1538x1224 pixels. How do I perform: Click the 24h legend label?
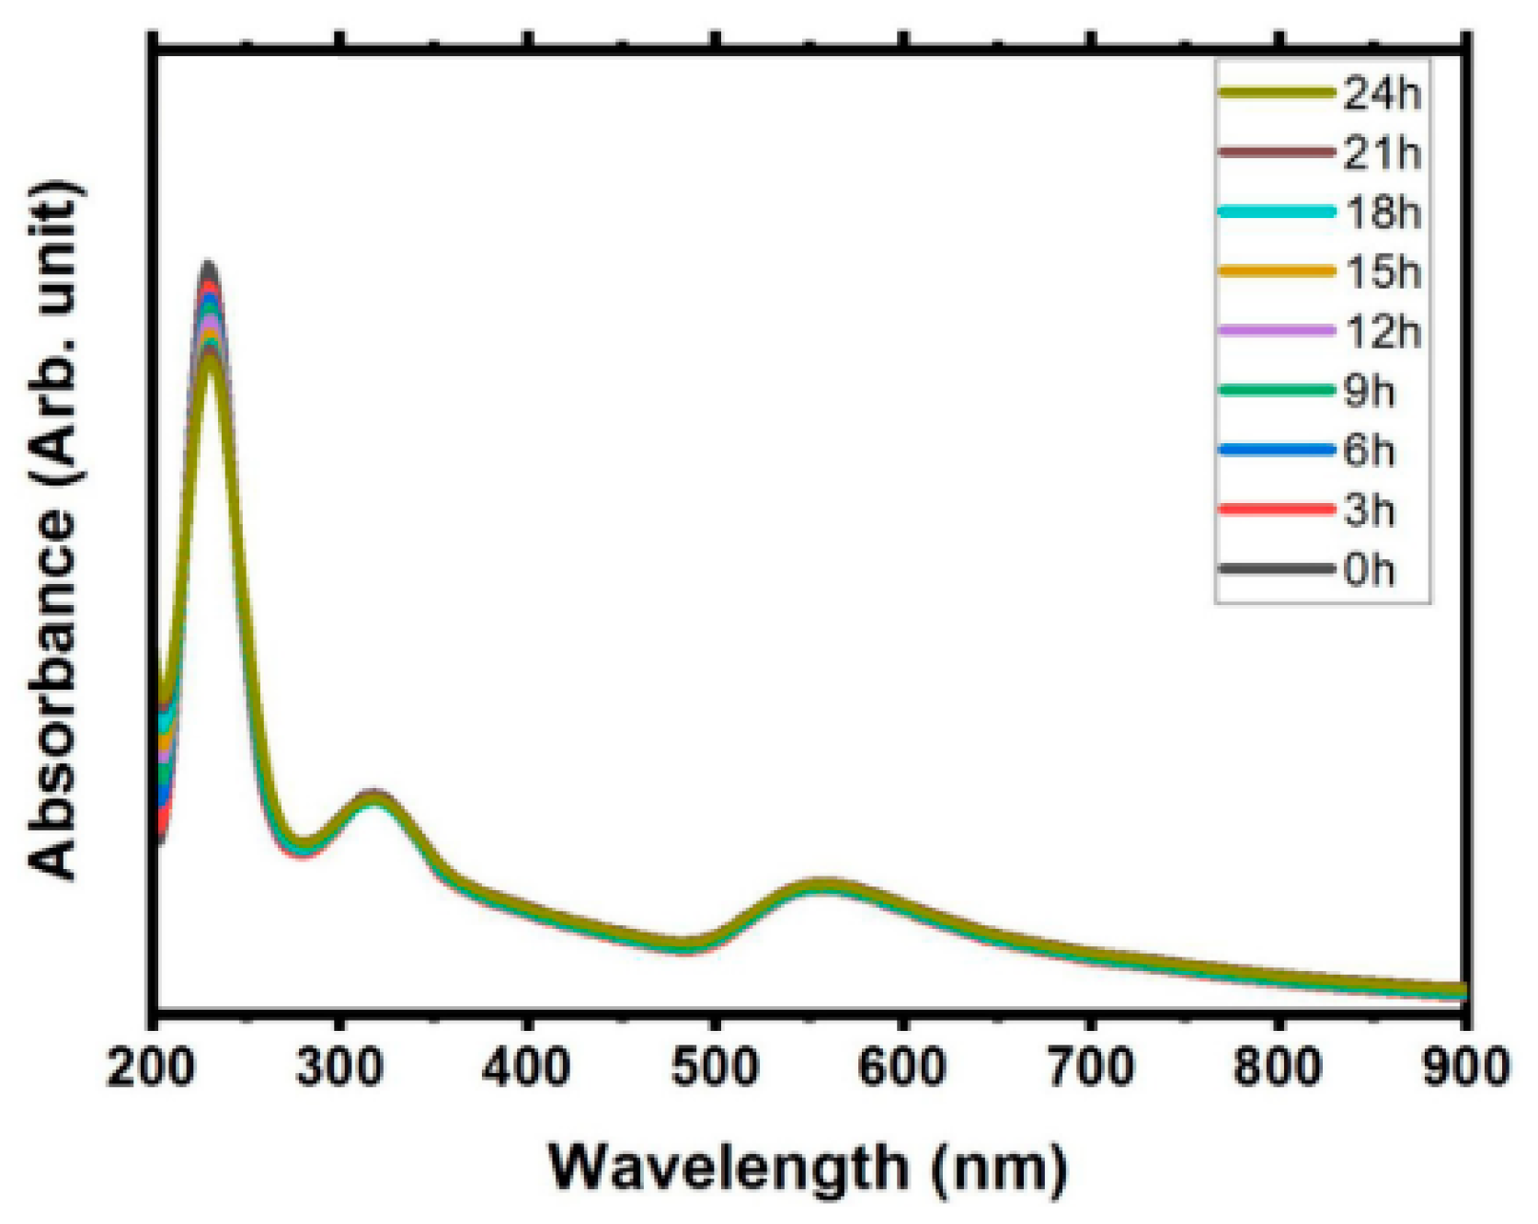(x=1382, y=93)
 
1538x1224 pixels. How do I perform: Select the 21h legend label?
(x=1382, y=153)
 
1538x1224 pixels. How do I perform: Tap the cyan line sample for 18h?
(x=1277, y=212)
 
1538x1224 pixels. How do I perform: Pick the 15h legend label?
(x=1382, y=272)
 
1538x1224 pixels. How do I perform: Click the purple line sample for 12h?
(x=1277, y=331)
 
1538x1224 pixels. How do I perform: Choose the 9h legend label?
(x=1369, y=392)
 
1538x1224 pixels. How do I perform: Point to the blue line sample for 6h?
(x=1277, y=451)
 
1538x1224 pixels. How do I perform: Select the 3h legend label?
(x=1369, y=510)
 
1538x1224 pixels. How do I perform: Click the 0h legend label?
(x=1369, y=570)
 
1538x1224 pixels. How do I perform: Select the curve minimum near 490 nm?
(x=685, y=945)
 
